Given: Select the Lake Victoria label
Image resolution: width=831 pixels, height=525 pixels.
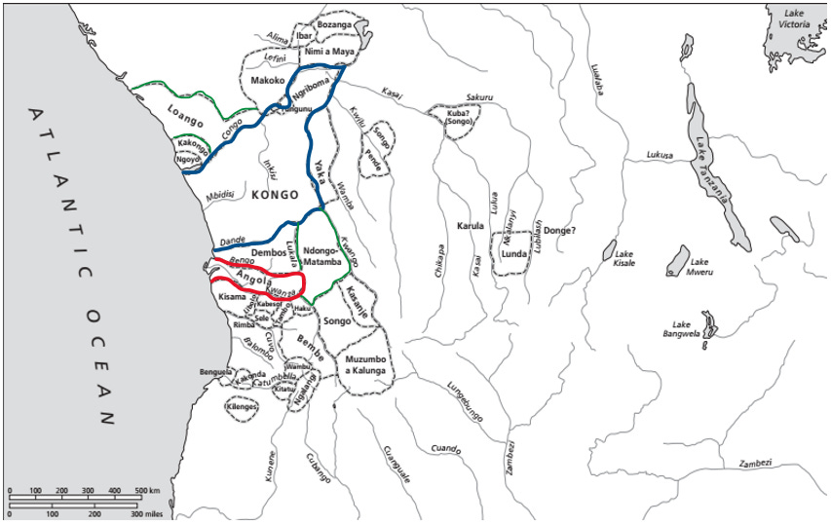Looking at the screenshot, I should [x=789, y=18].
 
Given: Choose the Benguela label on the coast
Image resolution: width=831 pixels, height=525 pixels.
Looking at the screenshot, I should [x=215, y=371].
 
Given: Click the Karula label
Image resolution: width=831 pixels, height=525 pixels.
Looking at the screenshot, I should [x=471, y=226].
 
